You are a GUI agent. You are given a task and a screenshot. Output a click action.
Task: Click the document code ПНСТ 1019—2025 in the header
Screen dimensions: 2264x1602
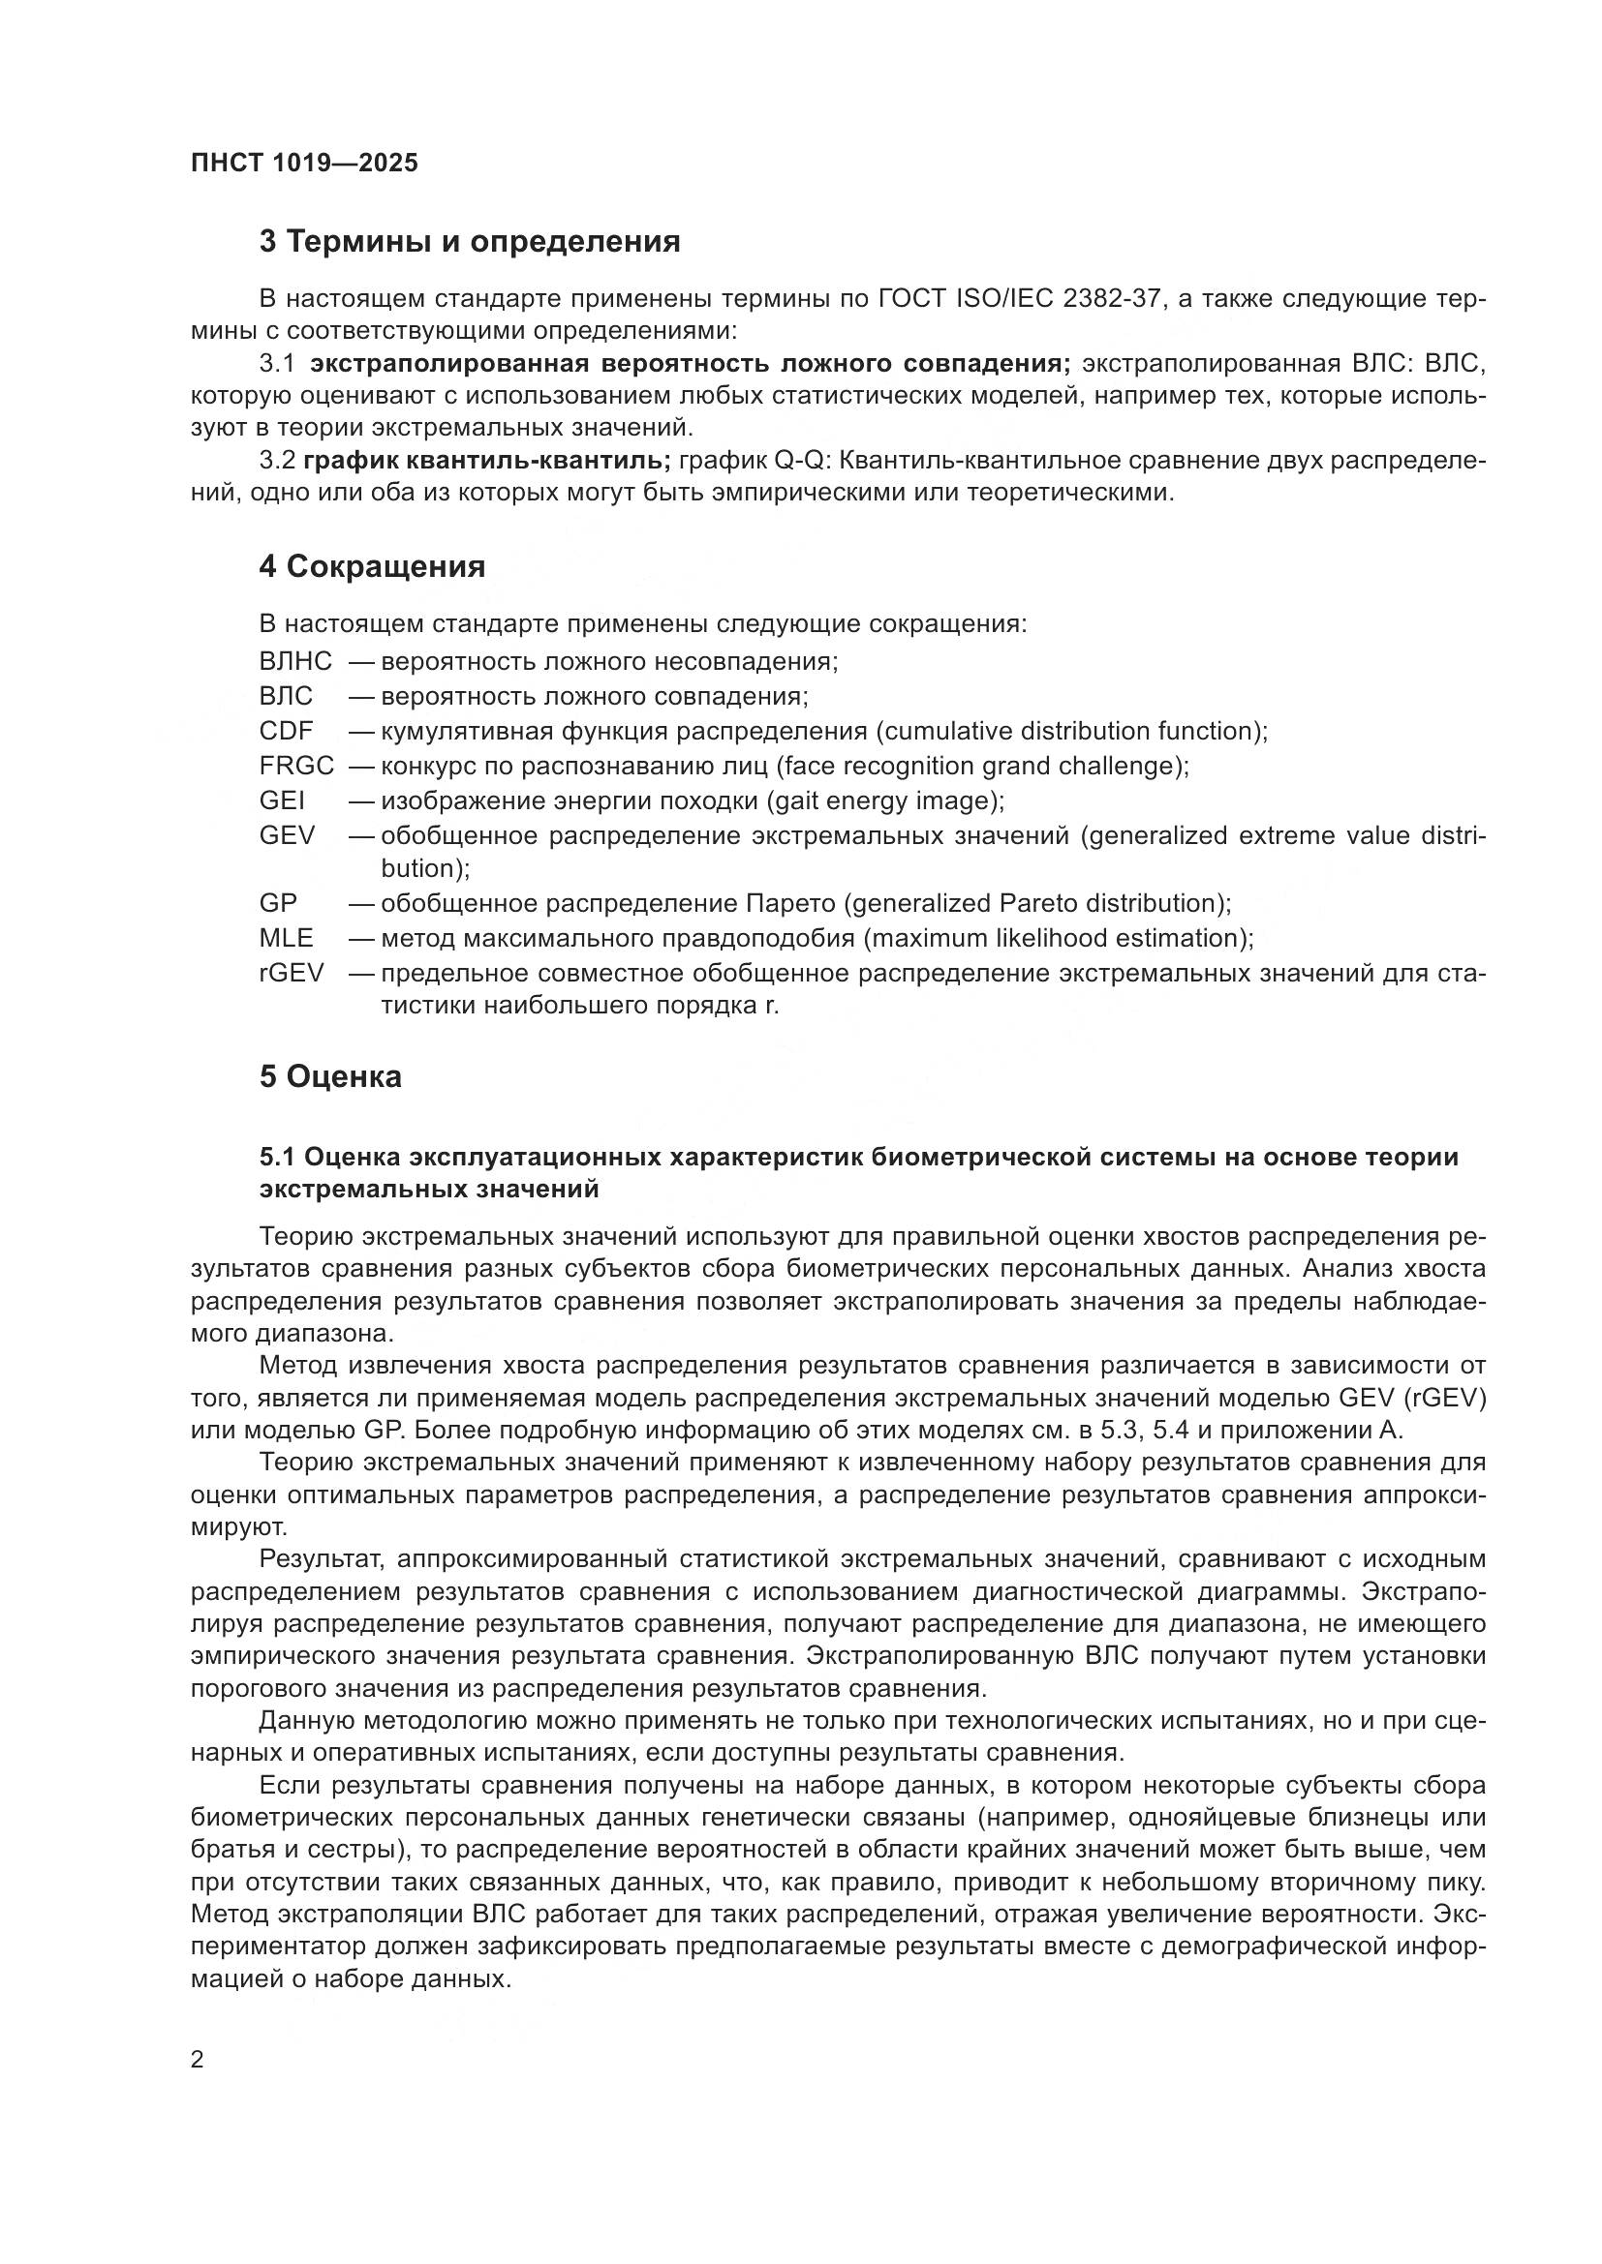tap(304, 163)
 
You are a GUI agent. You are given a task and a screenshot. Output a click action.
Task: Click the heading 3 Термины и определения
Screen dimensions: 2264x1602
tap(470, 242)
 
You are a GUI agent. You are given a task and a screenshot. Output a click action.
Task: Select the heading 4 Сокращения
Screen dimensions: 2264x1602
tap(372, 567)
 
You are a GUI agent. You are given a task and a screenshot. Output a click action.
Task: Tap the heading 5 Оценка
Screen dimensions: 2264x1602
tap(330, 1076)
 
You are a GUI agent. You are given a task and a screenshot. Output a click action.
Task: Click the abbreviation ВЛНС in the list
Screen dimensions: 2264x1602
tap(295, 662)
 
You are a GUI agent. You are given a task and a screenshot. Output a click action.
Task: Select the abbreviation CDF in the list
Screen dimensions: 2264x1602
tap(285, 732)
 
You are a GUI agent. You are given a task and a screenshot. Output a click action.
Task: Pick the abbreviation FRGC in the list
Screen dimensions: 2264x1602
tap(296, 767)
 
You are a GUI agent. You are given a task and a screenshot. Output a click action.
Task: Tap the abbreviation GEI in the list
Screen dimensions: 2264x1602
tap(281, 800)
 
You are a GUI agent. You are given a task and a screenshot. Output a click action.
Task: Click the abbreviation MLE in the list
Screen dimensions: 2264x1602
tap(285, 938)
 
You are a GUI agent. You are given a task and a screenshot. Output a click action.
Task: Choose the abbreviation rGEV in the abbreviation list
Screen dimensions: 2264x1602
tap(291, 973)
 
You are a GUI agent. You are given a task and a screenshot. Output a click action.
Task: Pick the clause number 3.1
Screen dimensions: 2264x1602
tap(276, 364)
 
